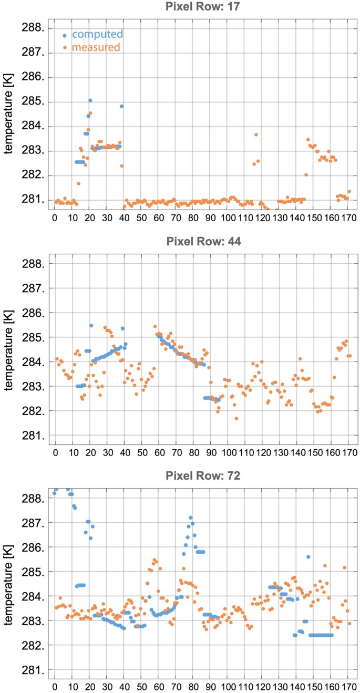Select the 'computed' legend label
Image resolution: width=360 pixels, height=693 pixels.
coord(97,35)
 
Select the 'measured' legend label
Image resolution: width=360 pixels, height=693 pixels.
coord(96,47)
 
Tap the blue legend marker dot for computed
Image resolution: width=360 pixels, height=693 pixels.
coord(64,35)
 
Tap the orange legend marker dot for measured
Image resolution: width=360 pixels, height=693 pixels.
coord(64,48)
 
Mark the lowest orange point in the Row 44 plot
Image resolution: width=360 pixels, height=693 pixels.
coord(236,418)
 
